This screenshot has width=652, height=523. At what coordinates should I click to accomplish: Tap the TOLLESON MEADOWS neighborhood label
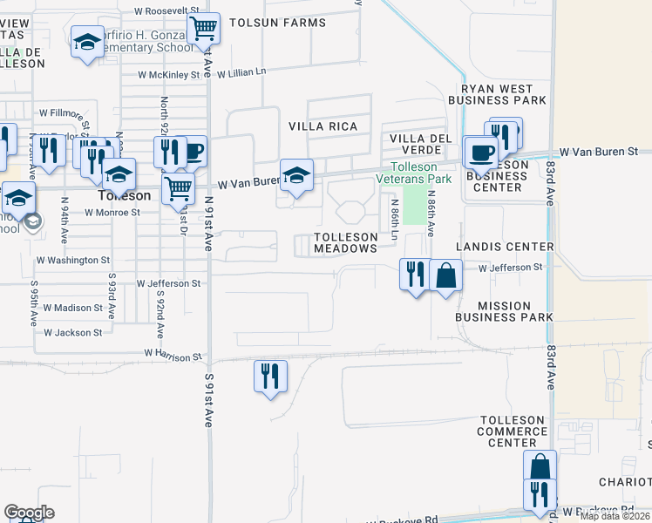click(345, 242)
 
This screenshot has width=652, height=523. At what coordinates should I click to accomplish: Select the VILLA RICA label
click(323, 126)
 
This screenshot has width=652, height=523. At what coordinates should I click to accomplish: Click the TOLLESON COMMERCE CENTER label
click(513, 431)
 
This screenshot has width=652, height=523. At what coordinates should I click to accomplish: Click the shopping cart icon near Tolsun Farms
click(204, 28)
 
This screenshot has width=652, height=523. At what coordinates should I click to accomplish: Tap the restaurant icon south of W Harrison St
click(270, 376)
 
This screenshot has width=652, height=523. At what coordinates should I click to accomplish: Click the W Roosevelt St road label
click(168, 11)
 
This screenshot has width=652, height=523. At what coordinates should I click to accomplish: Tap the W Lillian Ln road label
click(241, 74)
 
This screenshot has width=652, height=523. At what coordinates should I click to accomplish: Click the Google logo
click(29, 513)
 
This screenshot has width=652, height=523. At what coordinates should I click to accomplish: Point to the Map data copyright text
click(615, 516)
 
